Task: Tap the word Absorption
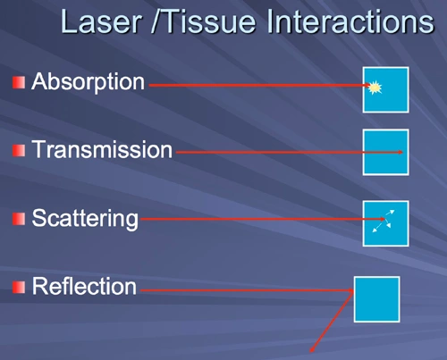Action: [x=88, y=82]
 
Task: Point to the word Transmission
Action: [x=101, y=149]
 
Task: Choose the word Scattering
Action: [x=85, y=218]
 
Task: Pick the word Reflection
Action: [x=84, y=287]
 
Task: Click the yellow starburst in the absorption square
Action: [x=375, y=88]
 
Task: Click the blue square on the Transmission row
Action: [x=385, y=152]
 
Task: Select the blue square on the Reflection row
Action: [x=376, y=298]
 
